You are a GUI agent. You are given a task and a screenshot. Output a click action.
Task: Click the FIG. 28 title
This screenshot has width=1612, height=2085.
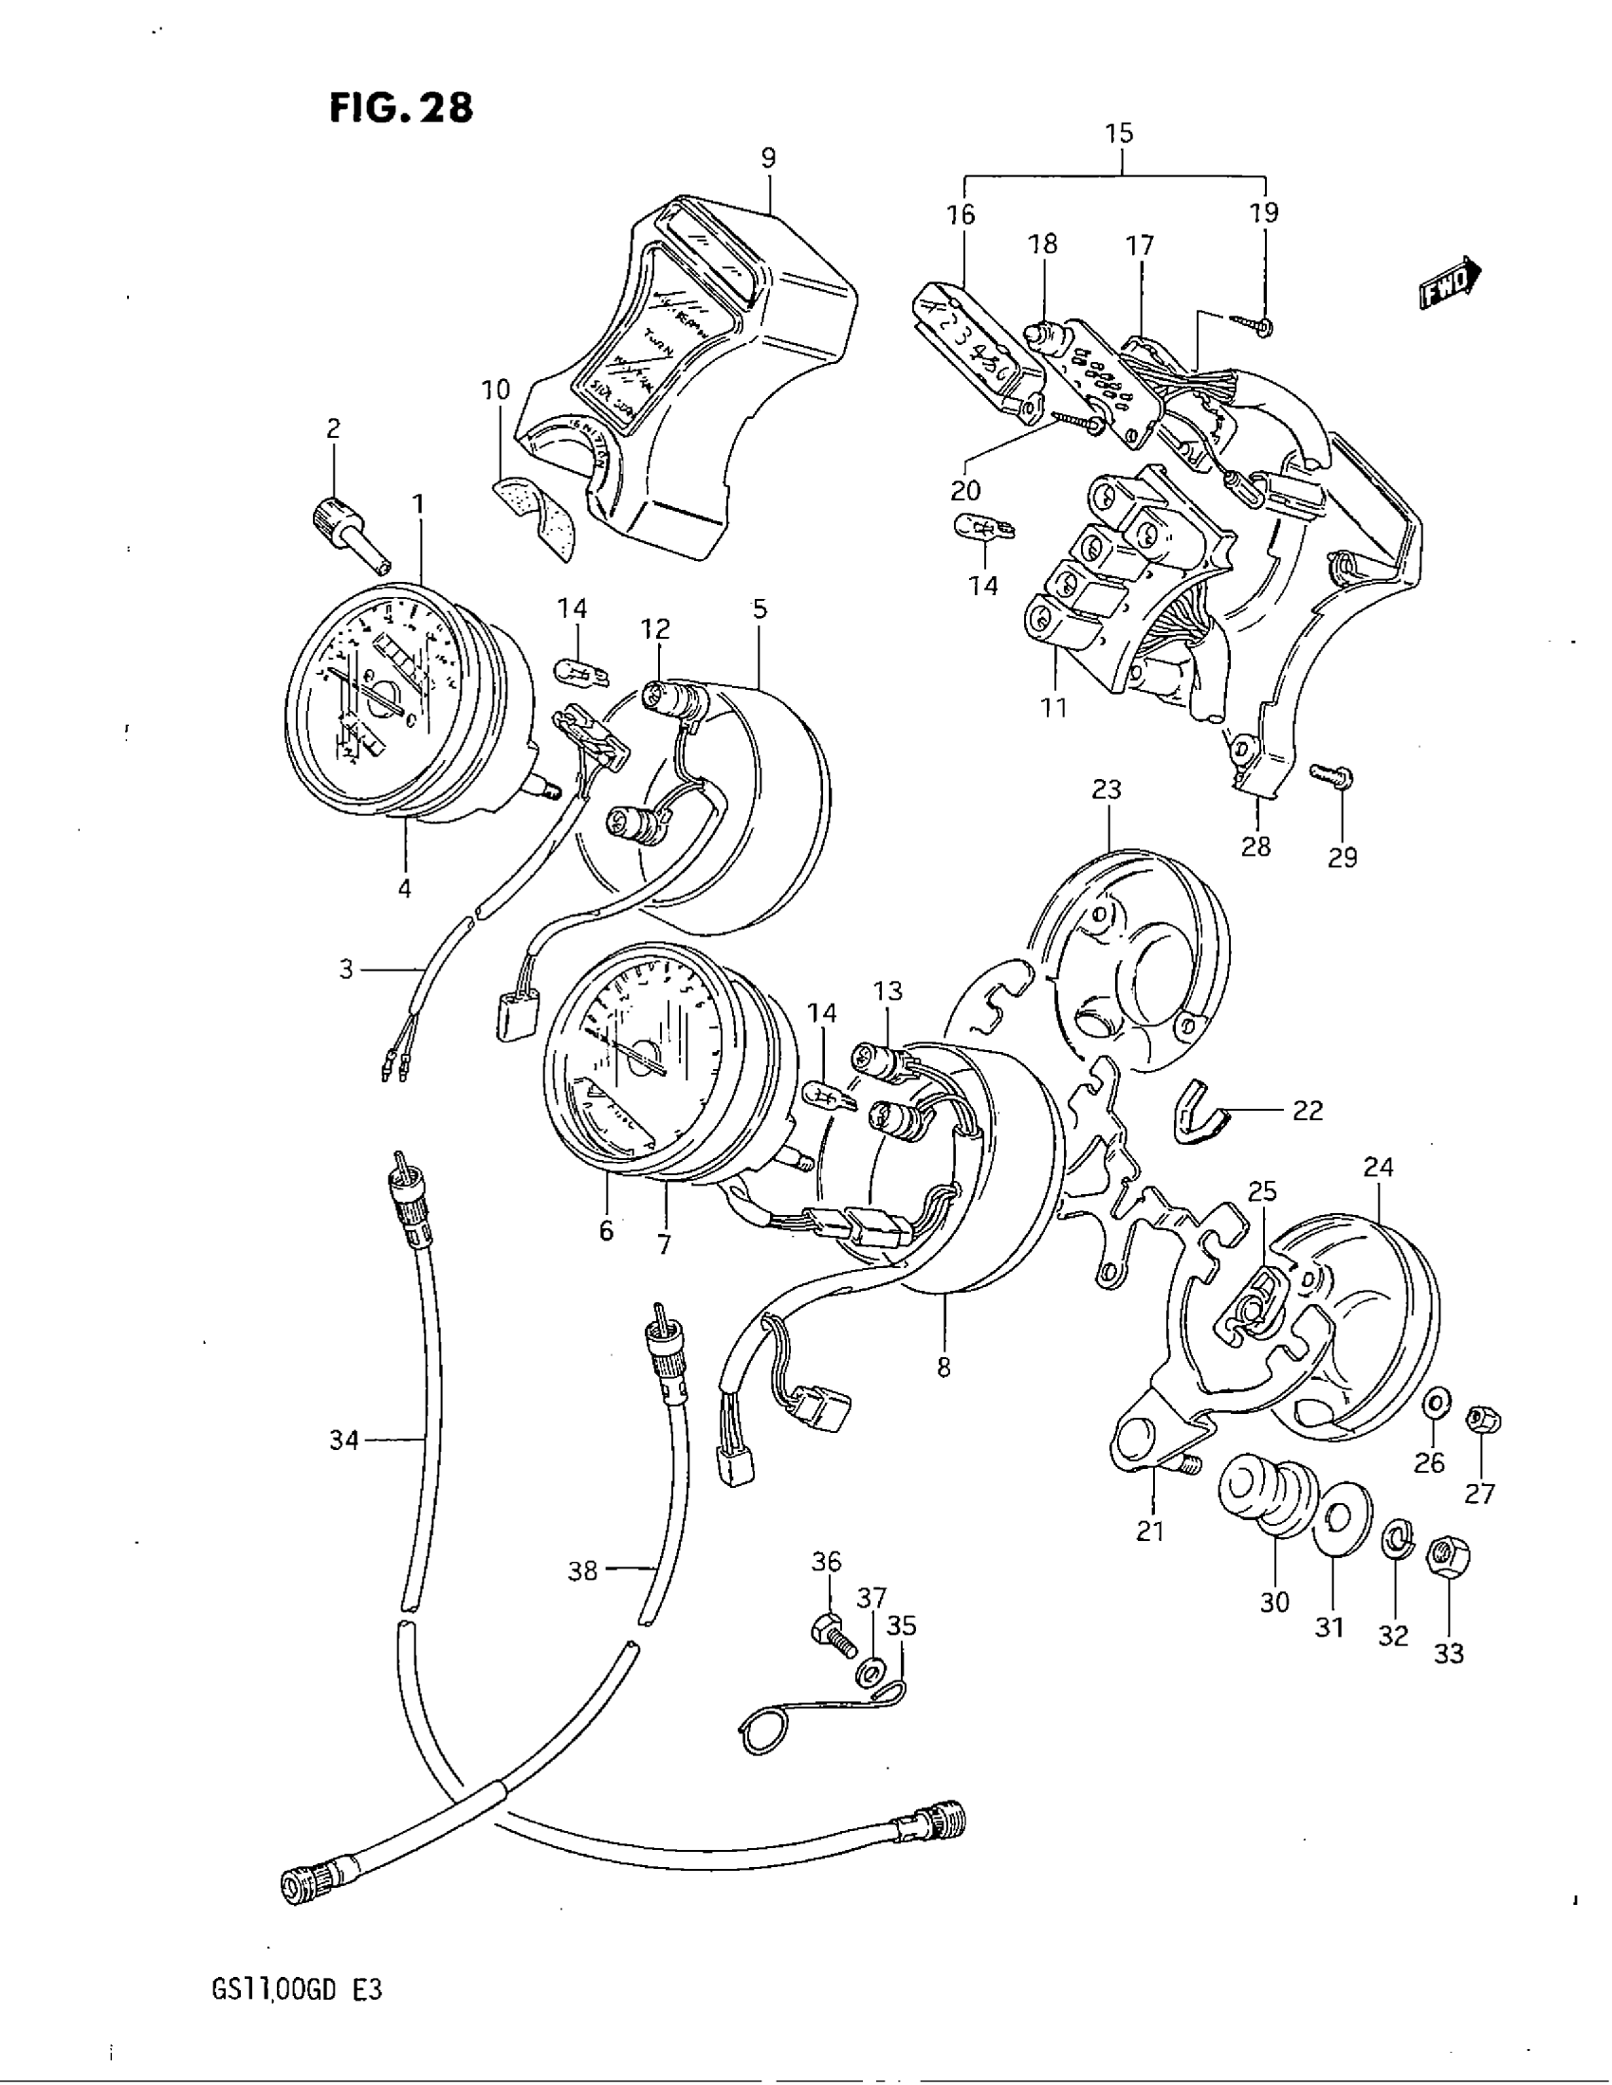[x=401, y=108]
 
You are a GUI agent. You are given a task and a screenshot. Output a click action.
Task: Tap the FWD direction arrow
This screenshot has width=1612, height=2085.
[x=1449, y=283]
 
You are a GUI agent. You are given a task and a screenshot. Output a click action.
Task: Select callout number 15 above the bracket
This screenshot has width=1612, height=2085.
[x=1119, y=134]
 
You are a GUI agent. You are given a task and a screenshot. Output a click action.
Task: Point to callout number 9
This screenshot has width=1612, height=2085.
[x=769, y=157]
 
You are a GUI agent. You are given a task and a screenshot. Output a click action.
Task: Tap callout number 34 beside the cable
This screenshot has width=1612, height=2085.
[x=344, y=1439]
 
